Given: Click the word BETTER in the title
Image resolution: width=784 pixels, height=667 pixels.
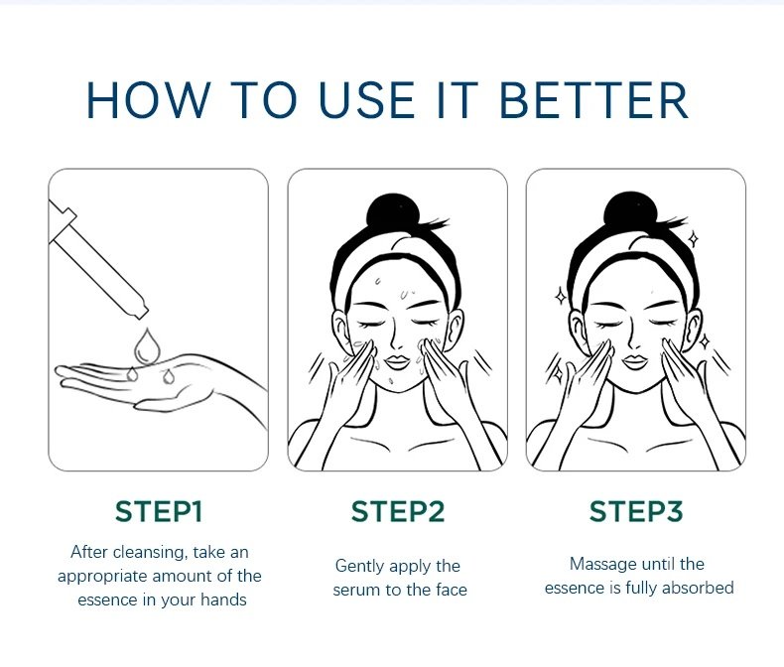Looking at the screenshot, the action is [x=594, y=100].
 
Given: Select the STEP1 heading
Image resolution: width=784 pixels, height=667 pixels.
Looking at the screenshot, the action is [x=159, y=511].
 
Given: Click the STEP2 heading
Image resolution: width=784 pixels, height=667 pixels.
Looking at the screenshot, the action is [x=398, y=511].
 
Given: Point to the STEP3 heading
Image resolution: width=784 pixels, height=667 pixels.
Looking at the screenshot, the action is [x=636, y=511].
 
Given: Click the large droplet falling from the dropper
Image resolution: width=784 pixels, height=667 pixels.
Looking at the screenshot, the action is [x=147, y=345].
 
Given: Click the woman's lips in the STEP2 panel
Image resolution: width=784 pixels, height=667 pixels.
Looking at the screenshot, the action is [x=397, y=362].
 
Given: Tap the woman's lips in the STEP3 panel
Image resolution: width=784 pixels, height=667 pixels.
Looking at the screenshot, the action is [x=635, y=362].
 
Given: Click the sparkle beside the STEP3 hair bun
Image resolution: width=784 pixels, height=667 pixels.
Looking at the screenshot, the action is [x=694, y=239].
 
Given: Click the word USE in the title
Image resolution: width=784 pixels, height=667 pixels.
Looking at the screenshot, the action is [x=366, y=100].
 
